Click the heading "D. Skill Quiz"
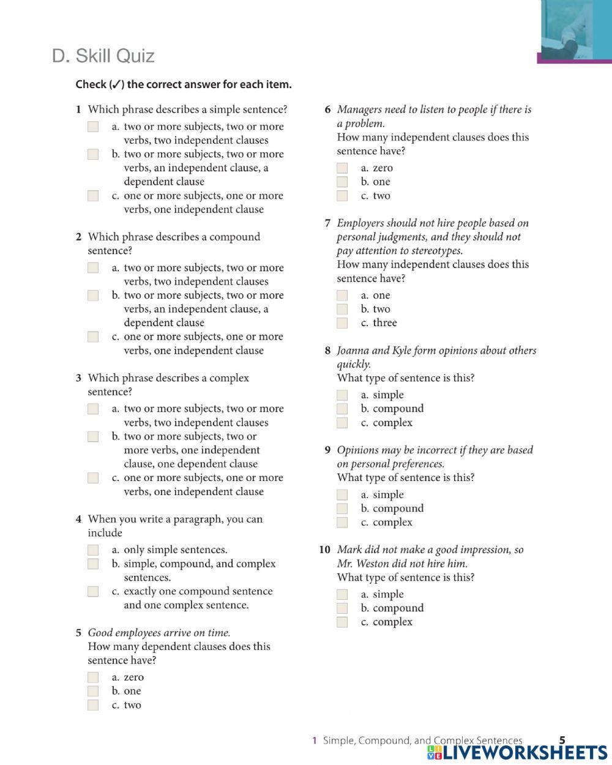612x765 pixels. pyautogui.click(x=103, y=56)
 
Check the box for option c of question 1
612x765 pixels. pyautogui.click(x=93, y=196)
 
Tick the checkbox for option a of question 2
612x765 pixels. pyautogui.click(x=93, y=267)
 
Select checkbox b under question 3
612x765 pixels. pyautogui.click(x=93, y=436)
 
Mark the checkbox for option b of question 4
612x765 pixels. pyautogui.click(x=93, y=564)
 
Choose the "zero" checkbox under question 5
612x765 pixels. pyautogui.click(x=93, y=677)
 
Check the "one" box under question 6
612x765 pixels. pyautogui.click(x=342, y=182)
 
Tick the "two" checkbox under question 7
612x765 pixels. pyautogui.click(x=342, y=309)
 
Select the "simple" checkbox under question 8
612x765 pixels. pyautogui.click(x=342, y=395)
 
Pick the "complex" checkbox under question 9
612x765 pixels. pyautogui.click(x=342, y=522)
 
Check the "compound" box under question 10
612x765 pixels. pyautogui.click(x=342, y=608)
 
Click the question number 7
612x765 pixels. pyautogui.click(x=327, y=223)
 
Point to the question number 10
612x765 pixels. pyautogui.click(x=324, y=550)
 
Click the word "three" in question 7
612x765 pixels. pyautogui.click(x=384, y=323)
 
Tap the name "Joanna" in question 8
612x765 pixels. pyautogui.click(x=353, y=351)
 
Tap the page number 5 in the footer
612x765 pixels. pyautogui.click(x=562, y=740)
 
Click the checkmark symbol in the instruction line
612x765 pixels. pyautogui.click(x=116, y=84)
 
